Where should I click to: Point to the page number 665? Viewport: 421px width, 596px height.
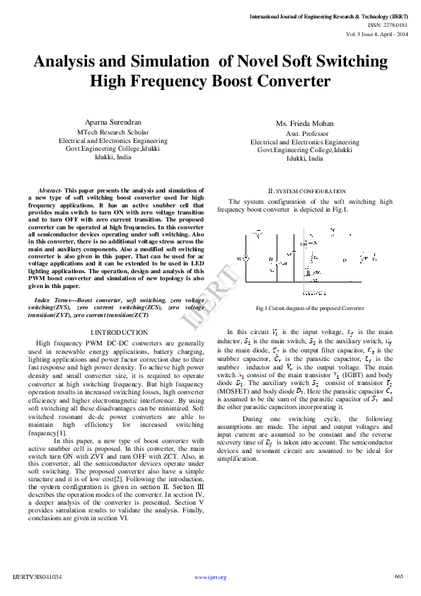398,576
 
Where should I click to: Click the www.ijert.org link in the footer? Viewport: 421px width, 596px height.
210,577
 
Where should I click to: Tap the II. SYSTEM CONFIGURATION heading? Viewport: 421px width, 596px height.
306,191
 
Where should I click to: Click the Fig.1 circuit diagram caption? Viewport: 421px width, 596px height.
310,308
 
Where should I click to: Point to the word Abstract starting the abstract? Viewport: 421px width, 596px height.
50,191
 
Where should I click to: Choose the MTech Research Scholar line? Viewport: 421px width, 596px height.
113,132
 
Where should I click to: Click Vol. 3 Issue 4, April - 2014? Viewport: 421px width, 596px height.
377,33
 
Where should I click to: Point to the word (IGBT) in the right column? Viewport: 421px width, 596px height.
348,374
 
